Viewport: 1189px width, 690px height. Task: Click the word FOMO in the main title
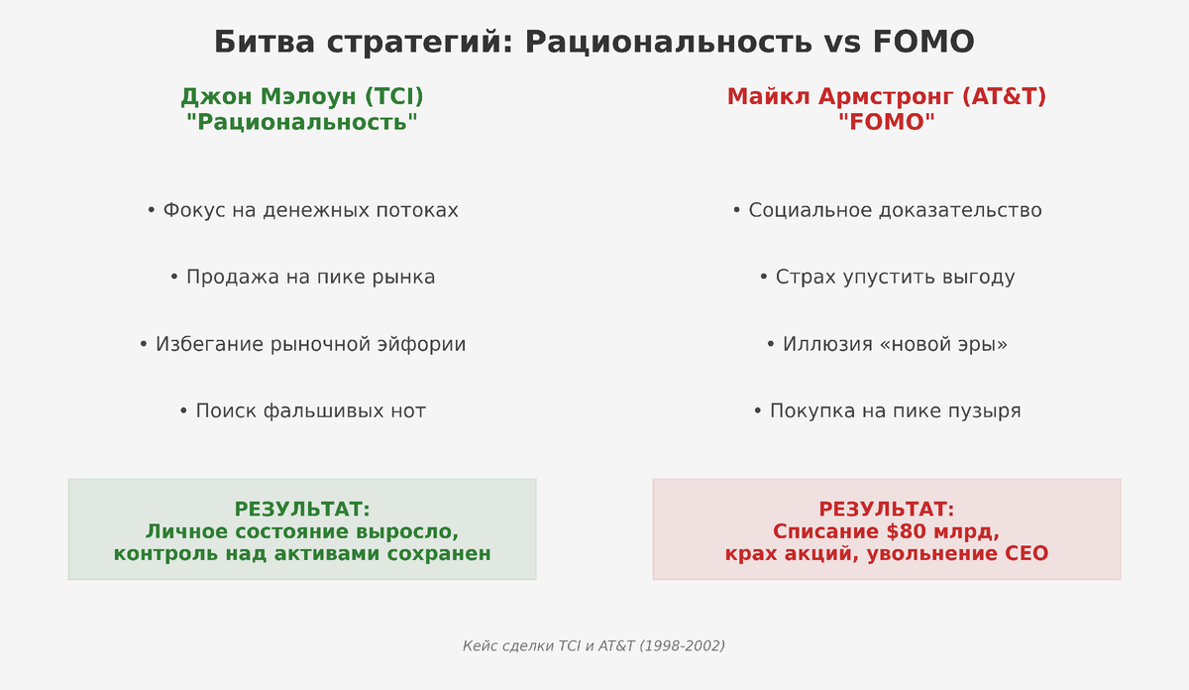pos(923,43)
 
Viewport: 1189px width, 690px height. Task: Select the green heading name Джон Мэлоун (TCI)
pos(302,97)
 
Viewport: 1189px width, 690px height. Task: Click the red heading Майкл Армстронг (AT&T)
pos(887,97)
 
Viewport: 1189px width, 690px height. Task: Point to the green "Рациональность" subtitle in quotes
pos(302,122)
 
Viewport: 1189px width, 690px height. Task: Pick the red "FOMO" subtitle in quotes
pos(887,122)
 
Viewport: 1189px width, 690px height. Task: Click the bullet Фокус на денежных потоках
pos(302,211)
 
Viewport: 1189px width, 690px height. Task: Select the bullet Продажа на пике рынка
pos(302,278)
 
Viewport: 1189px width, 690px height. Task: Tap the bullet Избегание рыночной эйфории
pos(302,345)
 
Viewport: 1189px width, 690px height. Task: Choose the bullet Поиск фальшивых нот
pos(302,411)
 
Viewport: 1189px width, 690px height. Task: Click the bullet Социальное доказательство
pos(887,211)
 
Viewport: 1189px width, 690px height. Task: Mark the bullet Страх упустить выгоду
pos(887,278)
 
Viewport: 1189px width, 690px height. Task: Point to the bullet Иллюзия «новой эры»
pos(887,345)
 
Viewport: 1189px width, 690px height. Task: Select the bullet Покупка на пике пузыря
pos(887,411)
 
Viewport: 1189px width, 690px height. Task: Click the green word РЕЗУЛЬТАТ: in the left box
pos(302,510)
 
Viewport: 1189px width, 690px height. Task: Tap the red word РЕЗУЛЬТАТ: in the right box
pos(887,510)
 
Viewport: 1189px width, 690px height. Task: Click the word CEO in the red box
pos(1027,554)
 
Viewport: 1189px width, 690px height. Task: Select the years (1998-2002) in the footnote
pos(682,646)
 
